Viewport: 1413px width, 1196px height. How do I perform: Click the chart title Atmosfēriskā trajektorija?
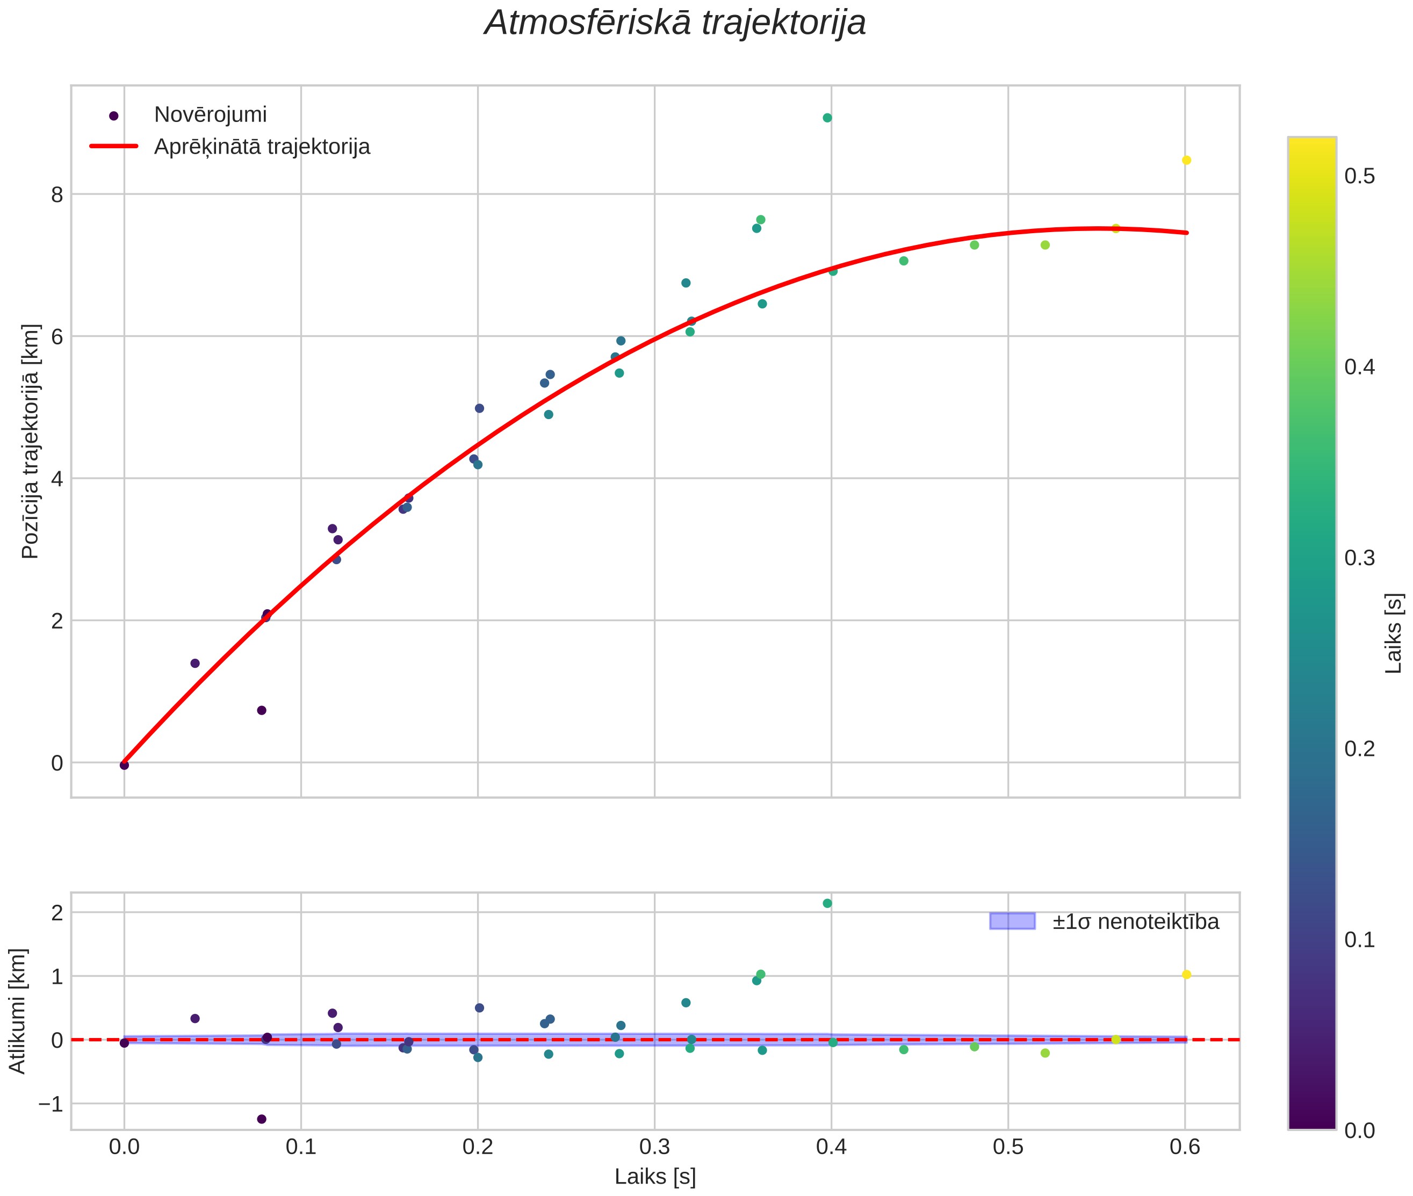pyautogui.click(x=675, y=23)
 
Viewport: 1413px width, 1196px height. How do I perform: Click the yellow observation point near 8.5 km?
pyautogui.click(x=1186, y=160)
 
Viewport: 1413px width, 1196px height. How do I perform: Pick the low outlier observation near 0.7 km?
pyautogui.click(x=262, y=710)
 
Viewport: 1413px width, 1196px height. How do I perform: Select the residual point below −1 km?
pyautogui.click(x=262, y=1119)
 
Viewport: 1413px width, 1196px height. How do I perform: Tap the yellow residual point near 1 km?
pyautogui.click(x=1186, y=974)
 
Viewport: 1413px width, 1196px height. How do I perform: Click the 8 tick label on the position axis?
pyautogui.click(x=57, y=194)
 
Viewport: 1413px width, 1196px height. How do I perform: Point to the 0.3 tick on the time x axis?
pyautogui.click(x=654, y=1147)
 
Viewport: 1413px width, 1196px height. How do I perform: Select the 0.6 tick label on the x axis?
pyautogui.click(x=1185, y=1147)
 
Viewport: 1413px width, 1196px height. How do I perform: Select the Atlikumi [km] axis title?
pyautogui.click(x=18, y=1011)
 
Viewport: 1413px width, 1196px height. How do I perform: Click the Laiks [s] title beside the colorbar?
pyautogui.click(x=1393, y=633)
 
